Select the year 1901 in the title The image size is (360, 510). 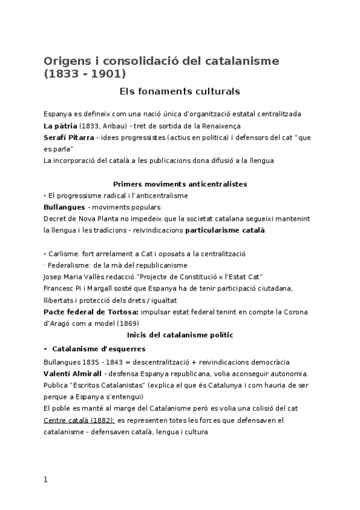point(109,75)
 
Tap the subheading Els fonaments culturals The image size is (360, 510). point(180,92)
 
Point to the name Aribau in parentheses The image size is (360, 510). point(112,126)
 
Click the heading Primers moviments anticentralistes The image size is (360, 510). point(180,183)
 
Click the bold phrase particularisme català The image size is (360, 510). point(225,230)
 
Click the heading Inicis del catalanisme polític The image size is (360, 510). point(180,334)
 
